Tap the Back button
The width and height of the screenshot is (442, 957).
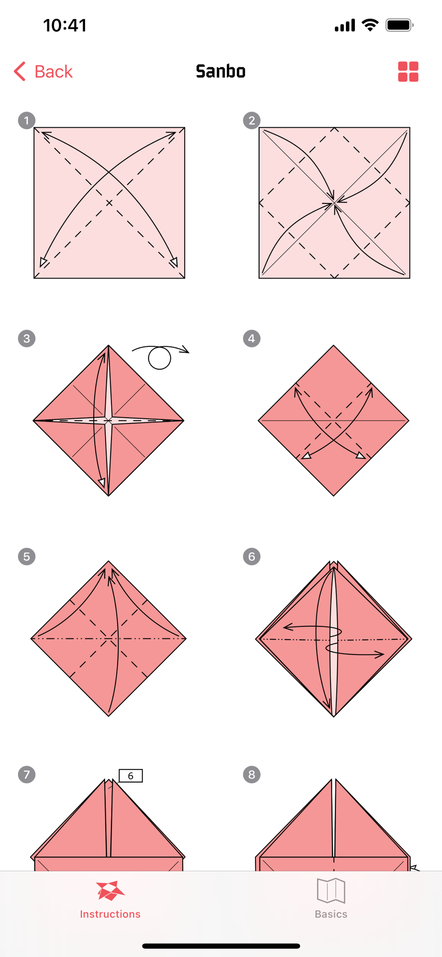tap(43, 72)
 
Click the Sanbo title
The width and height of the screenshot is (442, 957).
tap(221, 72)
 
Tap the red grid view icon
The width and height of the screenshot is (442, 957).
tap(408, 72)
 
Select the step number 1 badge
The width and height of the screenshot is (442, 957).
tap(27, 121)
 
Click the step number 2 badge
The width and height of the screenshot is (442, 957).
tap(252, 121)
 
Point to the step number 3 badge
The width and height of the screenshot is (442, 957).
tap(27, 339)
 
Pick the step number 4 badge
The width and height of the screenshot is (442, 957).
tap(252, 339)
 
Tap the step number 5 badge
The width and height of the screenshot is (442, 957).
tap(27, 556)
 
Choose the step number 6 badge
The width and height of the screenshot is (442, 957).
tap(252, 556)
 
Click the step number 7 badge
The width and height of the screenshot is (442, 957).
tap(27, 775)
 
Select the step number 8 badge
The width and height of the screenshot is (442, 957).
tap(252, 775)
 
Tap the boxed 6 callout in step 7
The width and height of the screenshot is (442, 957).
tap(131, 776)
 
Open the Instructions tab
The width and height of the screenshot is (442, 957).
tap(110, 900)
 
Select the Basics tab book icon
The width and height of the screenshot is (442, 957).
tap(331, 890)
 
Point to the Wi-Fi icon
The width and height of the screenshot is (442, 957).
tap(370, 25)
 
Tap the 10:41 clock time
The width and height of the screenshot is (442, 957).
tap(65, 25)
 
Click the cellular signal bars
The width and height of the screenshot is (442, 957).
tap(345, 25)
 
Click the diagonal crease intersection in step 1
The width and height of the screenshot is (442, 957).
tap(110, 203)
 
